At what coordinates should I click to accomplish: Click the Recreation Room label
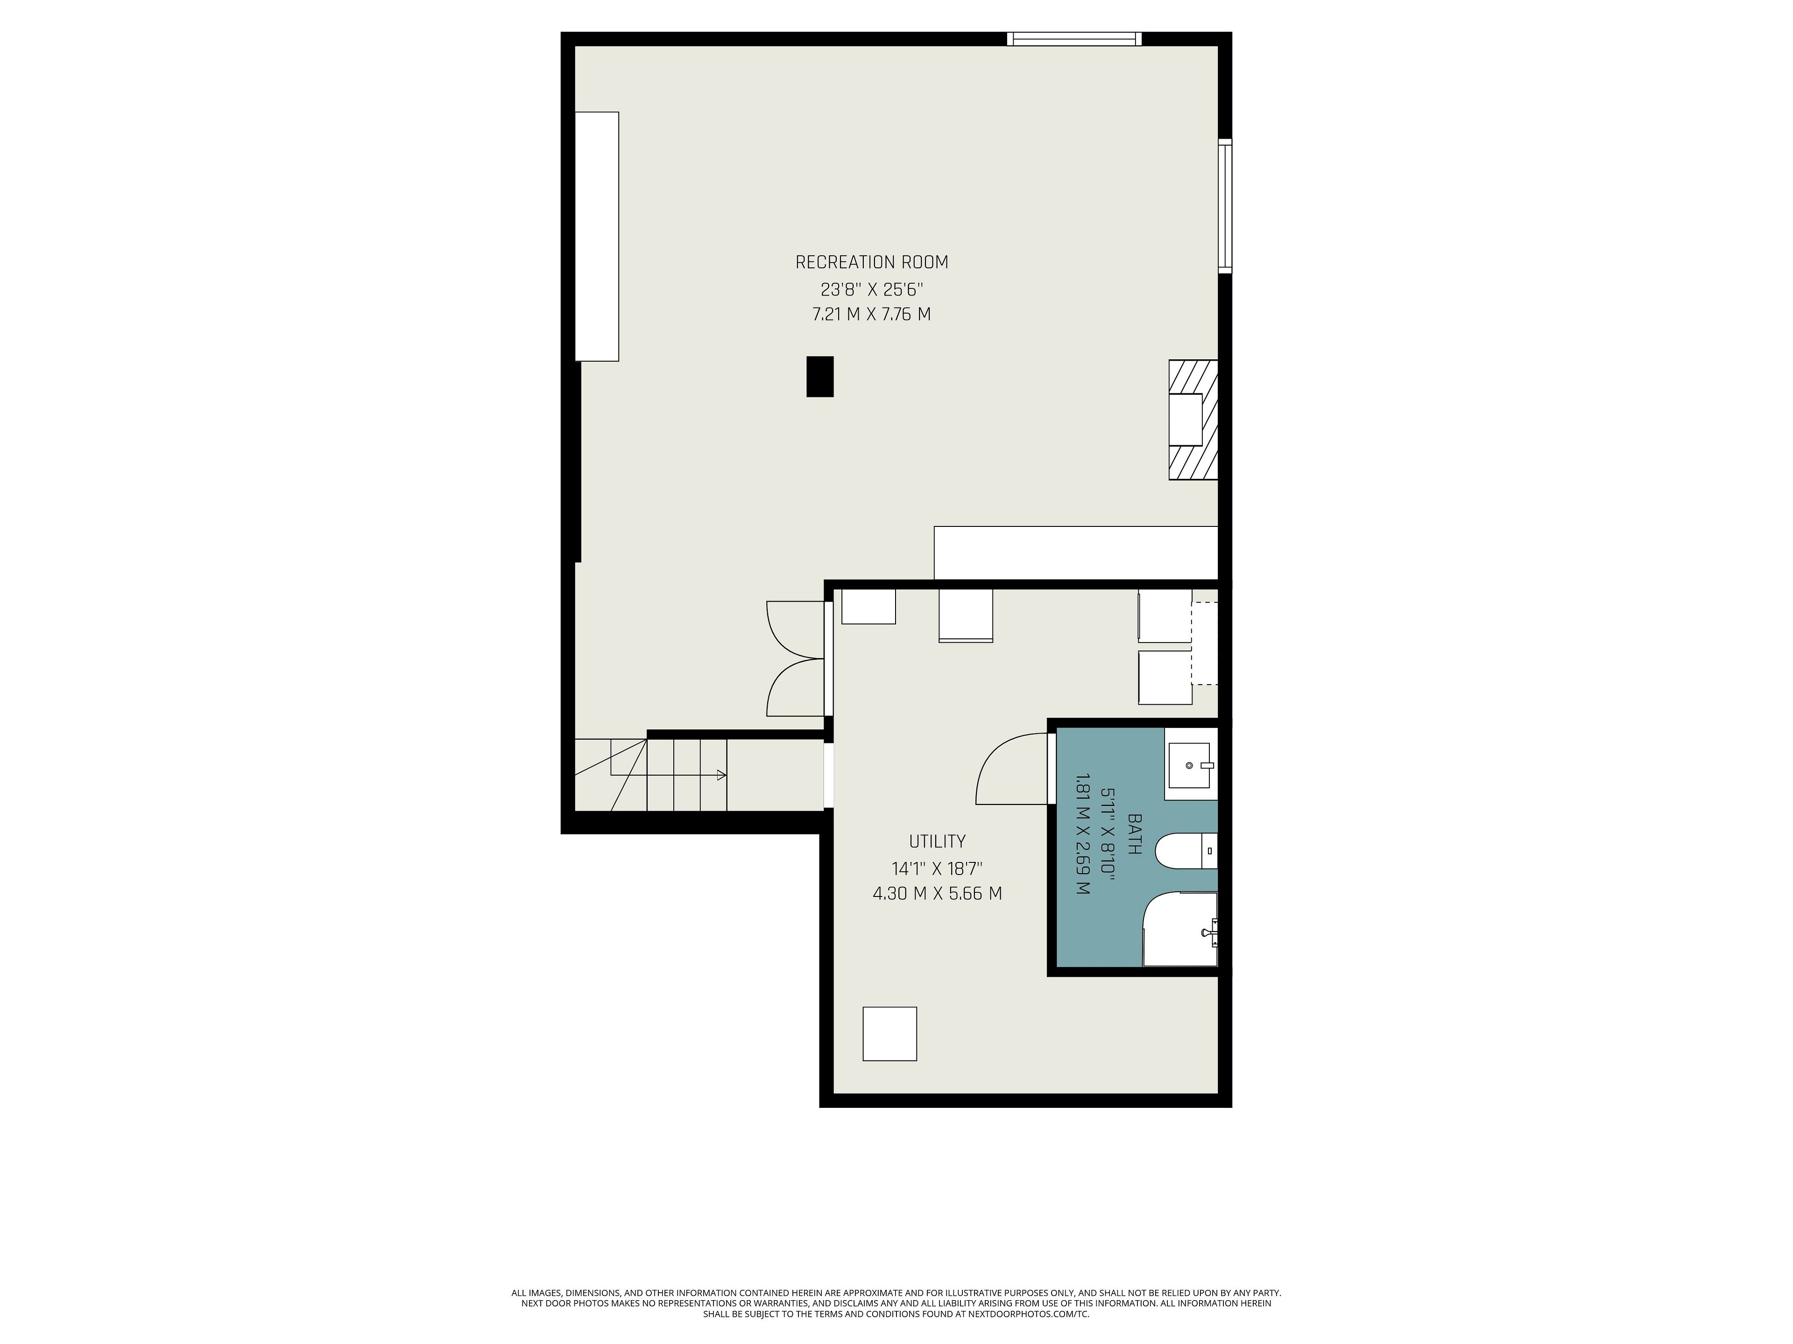[x=871, y=262]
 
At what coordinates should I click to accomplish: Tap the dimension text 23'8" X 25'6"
[x=871, y=288]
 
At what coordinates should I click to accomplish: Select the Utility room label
[x=937, y=841]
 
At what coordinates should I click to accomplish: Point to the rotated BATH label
[x=1135, y=834]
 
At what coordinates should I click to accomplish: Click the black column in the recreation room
[x=819, y=377]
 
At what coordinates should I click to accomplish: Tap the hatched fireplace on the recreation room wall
[x=1193, y=420]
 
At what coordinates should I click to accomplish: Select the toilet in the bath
[x=1185, y=851]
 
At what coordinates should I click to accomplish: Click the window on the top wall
[x=1074, y=39]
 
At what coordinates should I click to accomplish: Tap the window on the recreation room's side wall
[x=1225, y=206]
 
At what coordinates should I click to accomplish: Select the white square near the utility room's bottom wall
[x=889, y=1034]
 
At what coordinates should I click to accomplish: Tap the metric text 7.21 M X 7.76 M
[x=871, y=315]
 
